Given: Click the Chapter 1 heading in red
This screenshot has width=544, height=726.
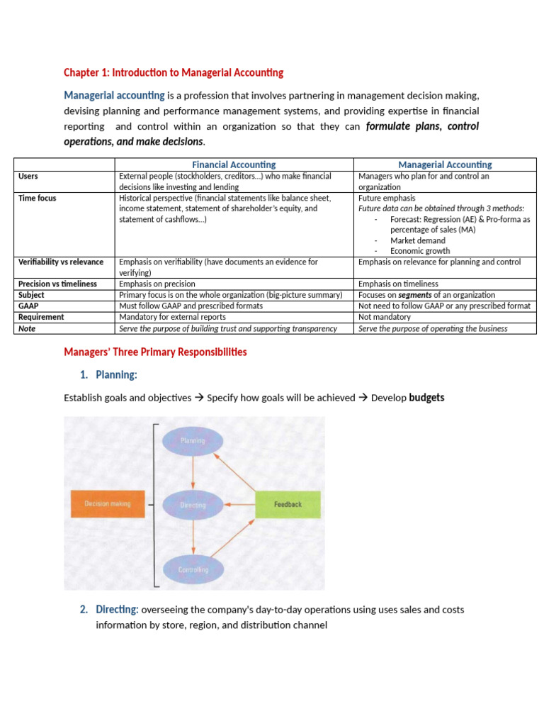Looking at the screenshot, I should (x=174, y=72).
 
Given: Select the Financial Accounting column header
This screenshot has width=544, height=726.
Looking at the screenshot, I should (x=234, y=164).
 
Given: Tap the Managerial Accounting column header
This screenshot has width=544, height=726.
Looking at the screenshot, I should (x=446, y=164).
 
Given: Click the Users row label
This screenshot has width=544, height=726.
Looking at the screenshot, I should (x=28, y=176).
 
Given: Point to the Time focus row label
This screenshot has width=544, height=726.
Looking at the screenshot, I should (x=37, y=198).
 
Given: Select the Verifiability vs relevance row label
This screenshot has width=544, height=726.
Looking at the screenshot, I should (x=61, y=262).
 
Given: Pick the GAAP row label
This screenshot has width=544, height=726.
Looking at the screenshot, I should (x=29, y=306).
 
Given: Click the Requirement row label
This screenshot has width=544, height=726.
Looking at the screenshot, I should (x=41, y=317).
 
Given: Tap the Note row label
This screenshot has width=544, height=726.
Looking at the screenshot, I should (x=27, y=328).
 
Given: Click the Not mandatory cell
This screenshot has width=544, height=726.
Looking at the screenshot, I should (x=384, y=317).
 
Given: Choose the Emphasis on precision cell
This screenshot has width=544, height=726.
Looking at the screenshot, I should (x=157, y=284).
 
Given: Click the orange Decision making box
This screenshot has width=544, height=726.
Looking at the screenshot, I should (x=108, y=504).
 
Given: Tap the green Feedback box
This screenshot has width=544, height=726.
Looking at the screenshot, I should (x=288, y=504).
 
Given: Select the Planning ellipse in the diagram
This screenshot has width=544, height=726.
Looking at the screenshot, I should (x=193, y=440).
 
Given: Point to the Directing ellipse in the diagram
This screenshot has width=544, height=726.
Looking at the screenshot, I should (x=193, y=505).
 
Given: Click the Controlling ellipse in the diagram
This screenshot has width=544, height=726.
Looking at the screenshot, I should (x=193, y=569).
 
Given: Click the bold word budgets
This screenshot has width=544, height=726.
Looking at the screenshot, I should (x=426, y=398).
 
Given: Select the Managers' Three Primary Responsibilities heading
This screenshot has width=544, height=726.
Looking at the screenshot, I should (x=155, y=352).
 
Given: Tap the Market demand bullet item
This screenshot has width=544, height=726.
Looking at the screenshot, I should (x=417, y=240).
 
